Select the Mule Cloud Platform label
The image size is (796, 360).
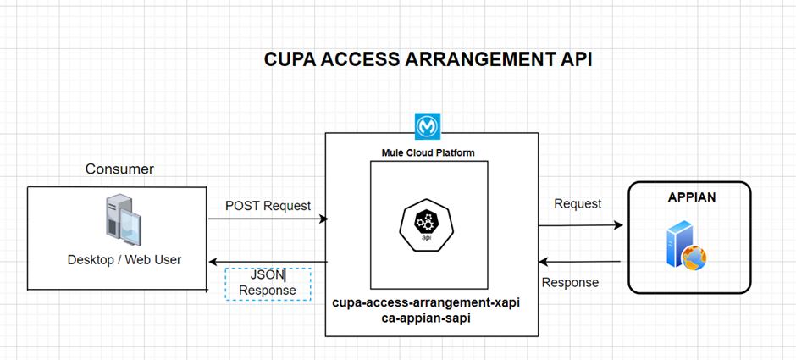click(428, 152)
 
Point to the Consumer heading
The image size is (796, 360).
click(119, 169)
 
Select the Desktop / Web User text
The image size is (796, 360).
click(124, 259)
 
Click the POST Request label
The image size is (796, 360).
click(268, 206)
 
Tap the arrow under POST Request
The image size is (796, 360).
click(268, 219)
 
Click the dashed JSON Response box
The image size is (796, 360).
click(268, 282)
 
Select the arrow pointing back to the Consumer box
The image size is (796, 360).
click(268, 262)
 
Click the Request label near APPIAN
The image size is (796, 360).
click(578, 204)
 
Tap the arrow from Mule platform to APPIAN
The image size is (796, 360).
click(581, 225)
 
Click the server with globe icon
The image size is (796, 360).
click(685, 246)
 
